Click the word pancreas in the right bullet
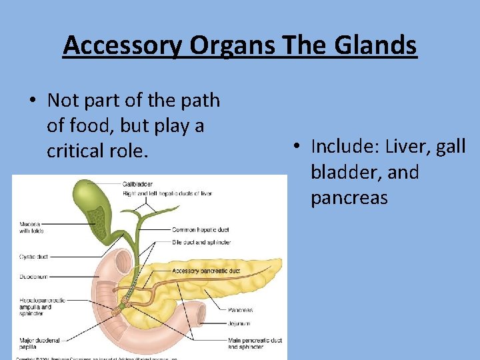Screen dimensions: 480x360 point(349,199)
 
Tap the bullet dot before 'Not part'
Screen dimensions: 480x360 point(32,101)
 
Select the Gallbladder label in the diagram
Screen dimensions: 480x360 point(137,184)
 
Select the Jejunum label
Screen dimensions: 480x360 point(239,324)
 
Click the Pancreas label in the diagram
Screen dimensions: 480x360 point(240,309)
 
